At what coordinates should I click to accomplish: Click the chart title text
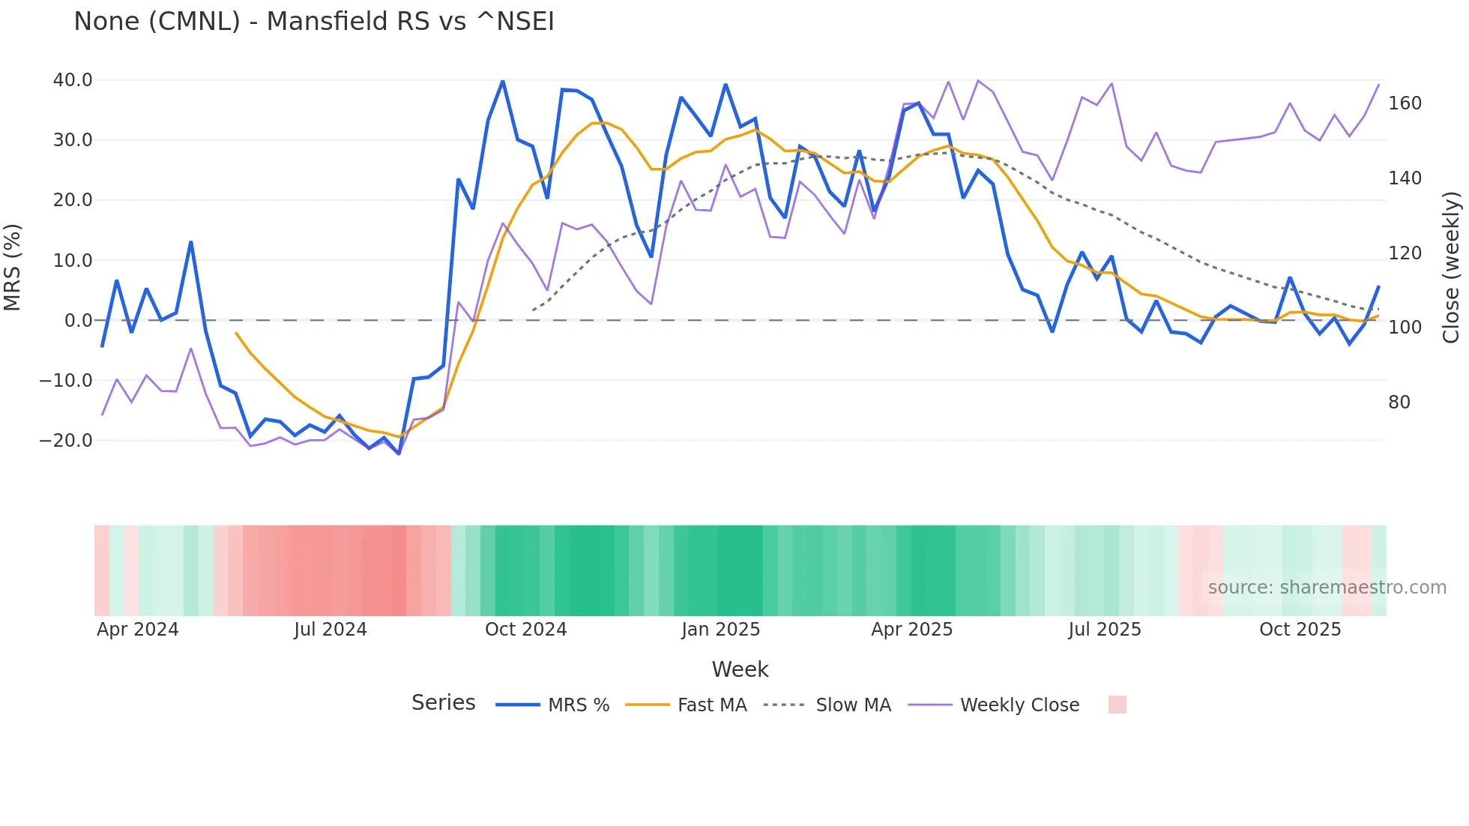pos(313,22)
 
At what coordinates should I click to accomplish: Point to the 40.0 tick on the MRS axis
pos(73,80)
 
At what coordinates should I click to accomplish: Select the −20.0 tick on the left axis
pos(66,441)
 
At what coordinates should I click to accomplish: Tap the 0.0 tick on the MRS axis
pos(78,321)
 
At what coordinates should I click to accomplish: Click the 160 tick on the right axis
pos(1405,103)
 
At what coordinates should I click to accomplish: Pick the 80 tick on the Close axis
pos(1399,403)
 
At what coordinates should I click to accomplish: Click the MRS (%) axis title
pos(13,267)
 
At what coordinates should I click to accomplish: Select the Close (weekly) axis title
pos(1451,267)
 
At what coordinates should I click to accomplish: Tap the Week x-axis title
pos(740,669)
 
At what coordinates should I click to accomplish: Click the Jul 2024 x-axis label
pos(330,630)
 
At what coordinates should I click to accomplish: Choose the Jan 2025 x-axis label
pos(720,630)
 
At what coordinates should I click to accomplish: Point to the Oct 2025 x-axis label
pos(1300,630)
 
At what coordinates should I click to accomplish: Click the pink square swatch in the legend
pos(1117,705)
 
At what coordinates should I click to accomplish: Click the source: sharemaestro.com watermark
pos(1327,588)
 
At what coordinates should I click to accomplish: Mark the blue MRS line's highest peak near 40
pos(502,81)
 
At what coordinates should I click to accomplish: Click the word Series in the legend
pos(443,703)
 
